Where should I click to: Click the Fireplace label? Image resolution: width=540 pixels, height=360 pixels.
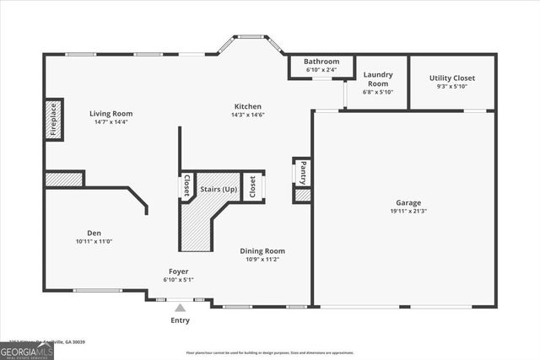point(53,119)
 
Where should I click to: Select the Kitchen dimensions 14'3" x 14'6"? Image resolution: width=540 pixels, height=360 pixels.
point(248,116)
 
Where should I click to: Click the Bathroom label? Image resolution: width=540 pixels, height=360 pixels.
point(321,62)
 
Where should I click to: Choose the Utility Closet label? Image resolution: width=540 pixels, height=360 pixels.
point(451,78)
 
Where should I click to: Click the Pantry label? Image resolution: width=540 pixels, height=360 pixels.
point(303,172)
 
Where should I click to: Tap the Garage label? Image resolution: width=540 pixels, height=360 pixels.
point(408,202)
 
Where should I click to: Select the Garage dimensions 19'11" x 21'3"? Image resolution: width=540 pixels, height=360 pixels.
point(408,211)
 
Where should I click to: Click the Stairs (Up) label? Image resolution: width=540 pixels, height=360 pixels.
point(218,189)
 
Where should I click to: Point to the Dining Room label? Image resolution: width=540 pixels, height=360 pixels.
point(262,250)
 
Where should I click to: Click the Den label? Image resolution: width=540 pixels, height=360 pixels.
point(94,233)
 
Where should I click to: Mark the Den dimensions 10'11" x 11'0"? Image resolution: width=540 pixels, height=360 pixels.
point(94,242)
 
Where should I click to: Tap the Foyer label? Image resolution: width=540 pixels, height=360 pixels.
point(177,271)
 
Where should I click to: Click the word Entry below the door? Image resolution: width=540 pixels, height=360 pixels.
point(180,320)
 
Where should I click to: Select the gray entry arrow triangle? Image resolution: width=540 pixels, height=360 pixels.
point(180,308)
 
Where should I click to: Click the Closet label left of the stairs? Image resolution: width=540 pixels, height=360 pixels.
point(186,186)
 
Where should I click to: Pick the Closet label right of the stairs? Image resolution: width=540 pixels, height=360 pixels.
point(251,186)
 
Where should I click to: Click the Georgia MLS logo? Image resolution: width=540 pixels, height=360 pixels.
point(27,350)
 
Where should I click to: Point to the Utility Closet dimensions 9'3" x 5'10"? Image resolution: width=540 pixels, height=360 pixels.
point(451,86)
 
